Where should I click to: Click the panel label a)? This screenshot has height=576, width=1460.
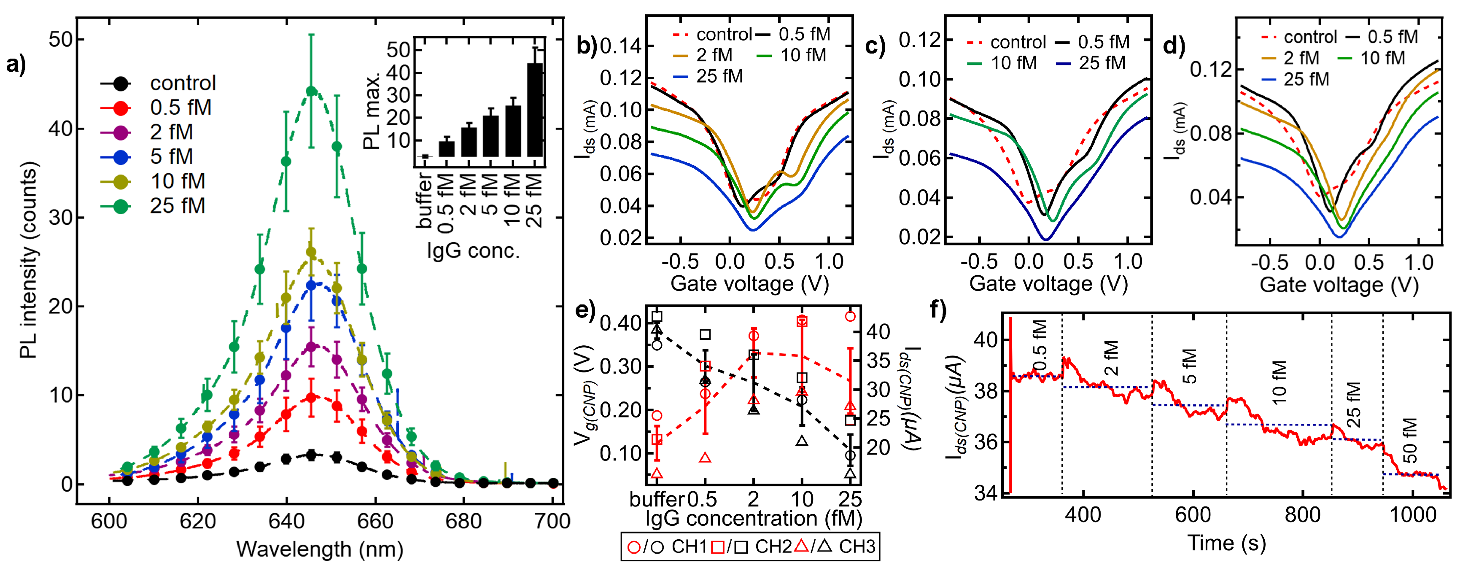click(16, 65)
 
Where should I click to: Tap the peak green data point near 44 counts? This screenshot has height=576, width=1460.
click(310, 91)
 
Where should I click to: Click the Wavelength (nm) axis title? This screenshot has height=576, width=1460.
click(320, 549)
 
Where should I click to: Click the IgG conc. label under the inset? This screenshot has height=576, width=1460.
click(473, 250)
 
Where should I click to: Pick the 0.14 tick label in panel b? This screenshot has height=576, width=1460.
click(621, 46)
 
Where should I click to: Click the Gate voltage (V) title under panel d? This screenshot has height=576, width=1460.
click(1338, 285)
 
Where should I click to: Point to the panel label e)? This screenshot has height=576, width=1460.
click(585, 311)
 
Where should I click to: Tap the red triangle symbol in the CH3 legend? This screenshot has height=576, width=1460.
click(801, 546)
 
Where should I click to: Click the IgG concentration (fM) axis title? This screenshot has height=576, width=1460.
click(753, 518)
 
